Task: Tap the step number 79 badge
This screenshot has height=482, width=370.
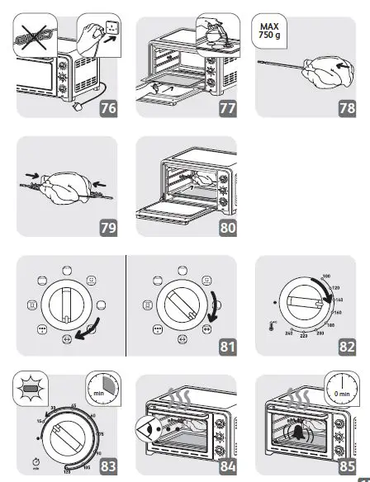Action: (107, 229)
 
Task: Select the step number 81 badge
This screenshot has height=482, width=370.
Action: (227, 347)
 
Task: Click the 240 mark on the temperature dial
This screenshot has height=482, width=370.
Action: (288, 332)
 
